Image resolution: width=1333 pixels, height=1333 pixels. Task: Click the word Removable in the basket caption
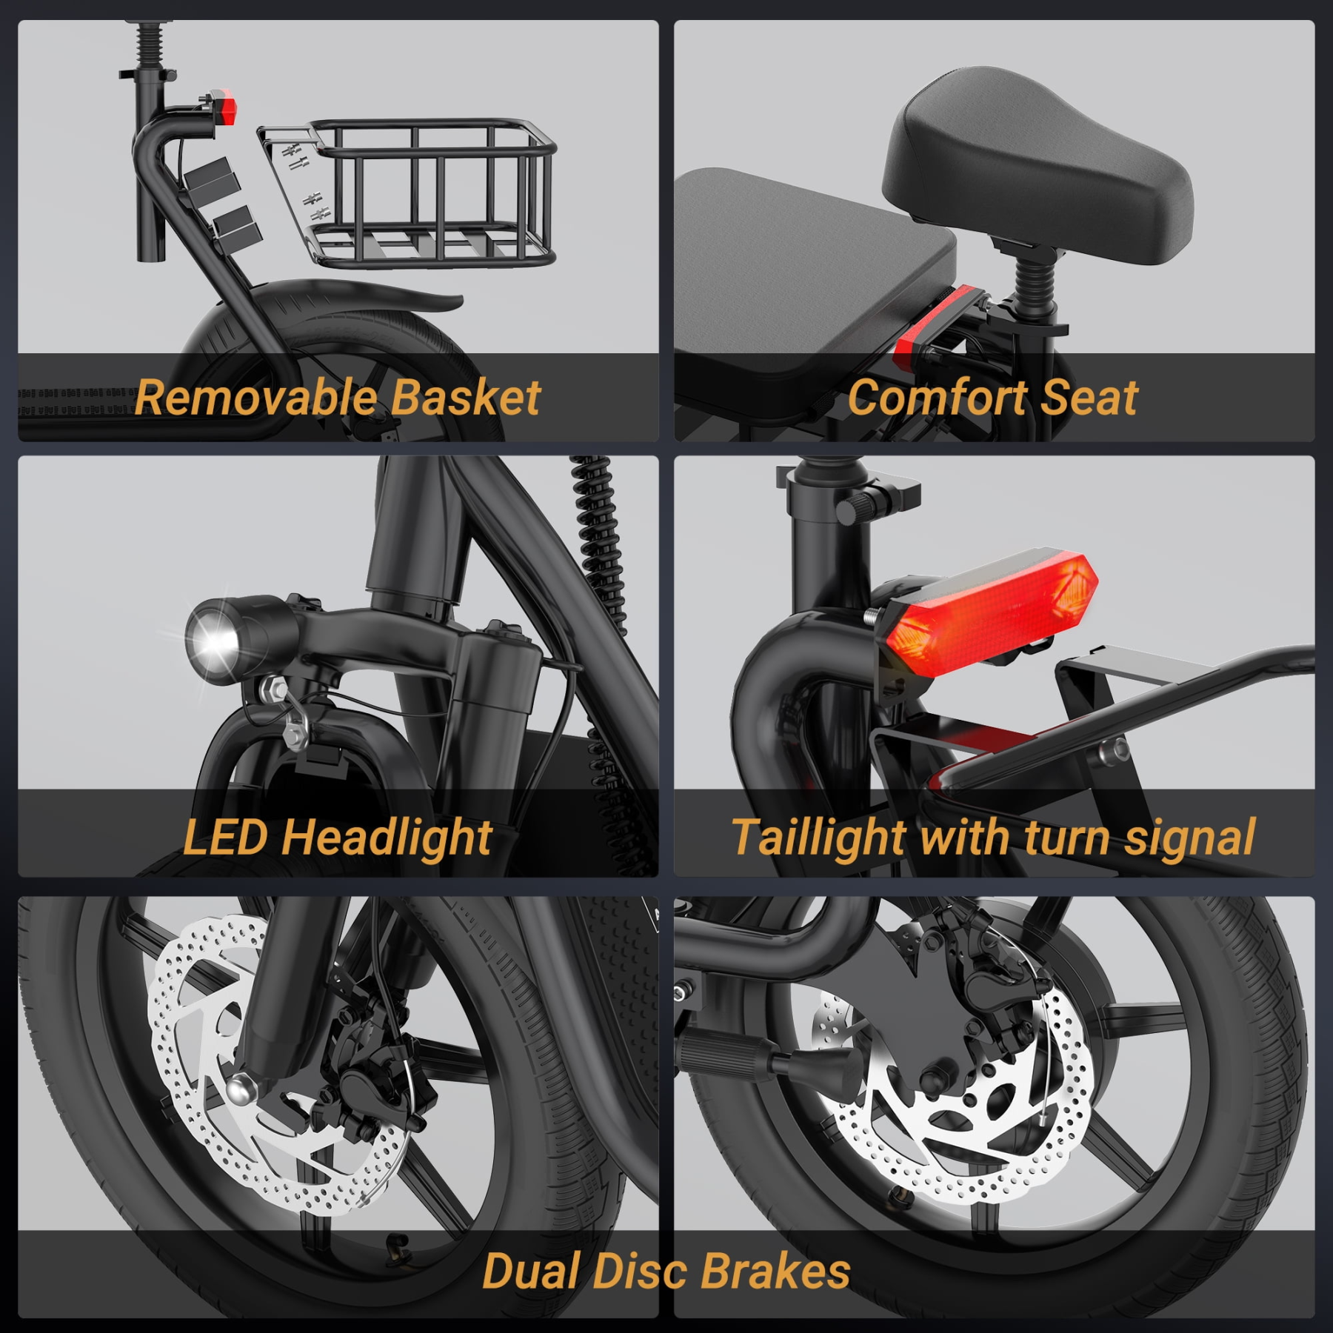(x=255, y=398)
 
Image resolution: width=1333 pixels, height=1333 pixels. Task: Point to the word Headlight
(x=387, y=838)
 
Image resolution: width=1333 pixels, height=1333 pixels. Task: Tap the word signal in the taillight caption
(x=1189, y=838)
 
